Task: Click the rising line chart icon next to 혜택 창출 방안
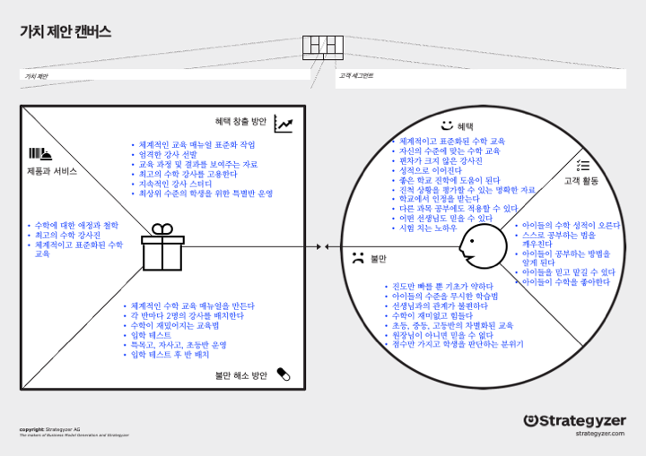coord(284,124)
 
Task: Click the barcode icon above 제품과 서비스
coord(40,153)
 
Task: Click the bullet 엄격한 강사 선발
coord(171,154)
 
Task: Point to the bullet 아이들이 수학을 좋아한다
coord(566,282)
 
